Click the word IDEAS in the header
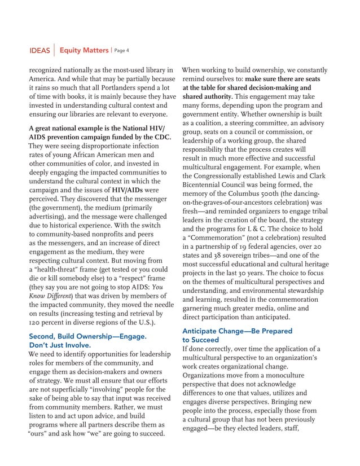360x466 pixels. coord(39,51)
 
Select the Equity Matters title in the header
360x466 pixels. coord(84,51)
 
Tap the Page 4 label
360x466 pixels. coord(122,51)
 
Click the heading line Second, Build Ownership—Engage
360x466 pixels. coord(87,336)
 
